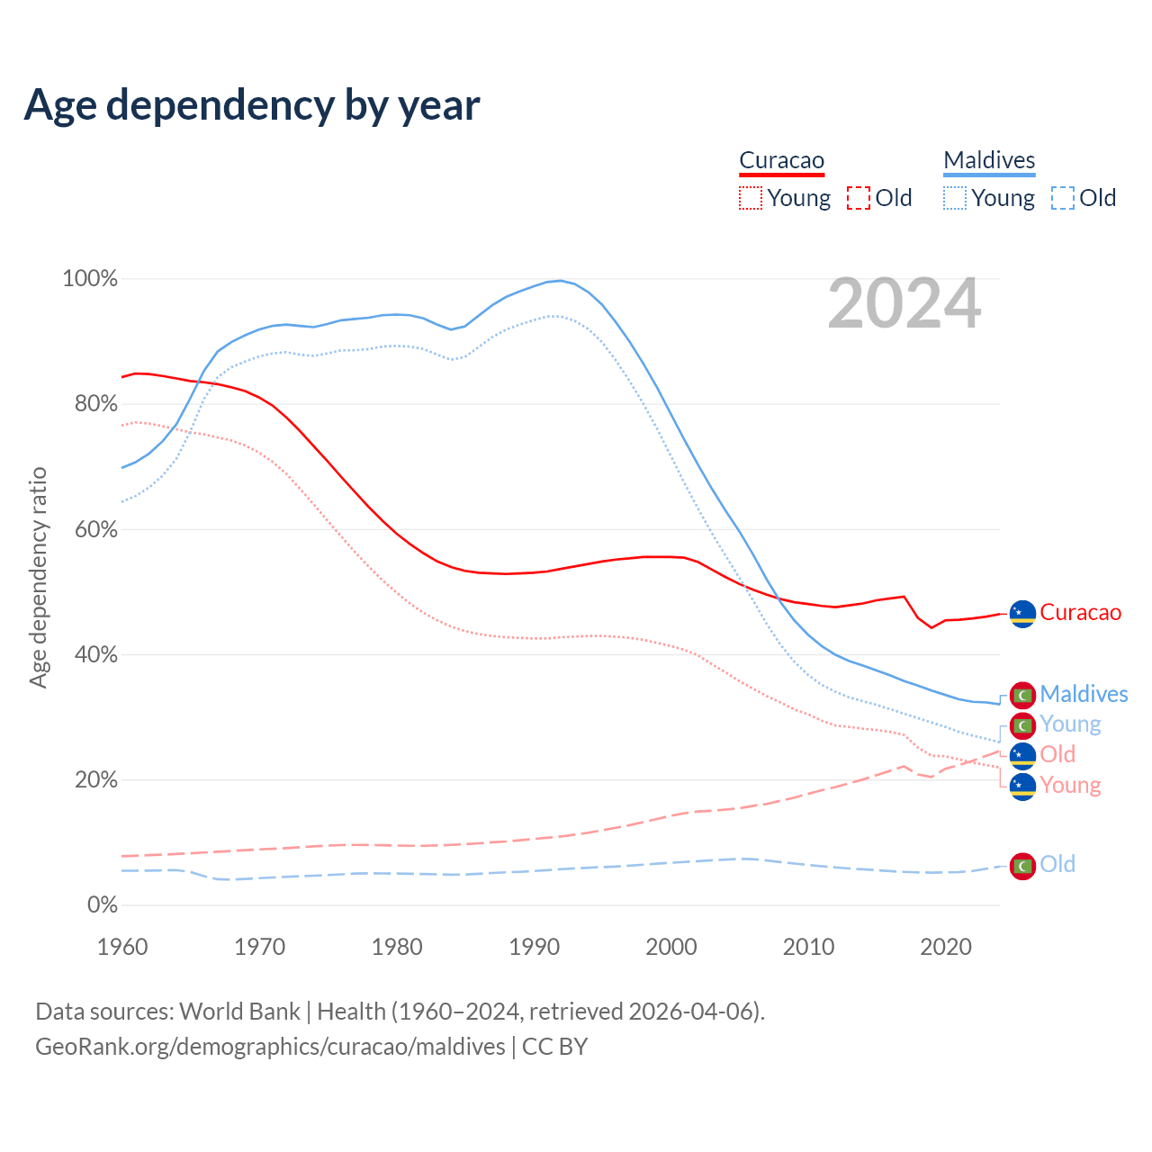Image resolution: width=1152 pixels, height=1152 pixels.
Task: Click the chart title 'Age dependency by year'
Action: pos(252,105)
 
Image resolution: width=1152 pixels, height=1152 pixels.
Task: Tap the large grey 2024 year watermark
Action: pos(904,304)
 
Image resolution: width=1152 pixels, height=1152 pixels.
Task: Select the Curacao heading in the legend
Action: pos(781,160)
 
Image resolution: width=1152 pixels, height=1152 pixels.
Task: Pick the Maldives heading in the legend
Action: pos(989,160)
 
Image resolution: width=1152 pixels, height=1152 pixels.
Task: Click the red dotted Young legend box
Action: pos(751,198)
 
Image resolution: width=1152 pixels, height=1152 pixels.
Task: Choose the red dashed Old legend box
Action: pos(859,198)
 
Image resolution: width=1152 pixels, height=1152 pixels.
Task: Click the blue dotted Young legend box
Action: pos(955,198)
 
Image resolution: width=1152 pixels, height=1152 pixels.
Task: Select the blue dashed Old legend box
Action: pos(1063,198)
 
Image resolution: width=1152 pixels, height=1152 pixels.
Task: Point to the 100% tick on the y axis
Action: pos(90,279)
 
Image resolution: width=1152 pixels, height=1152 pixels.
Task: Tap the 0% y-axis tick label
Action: pos(102,905)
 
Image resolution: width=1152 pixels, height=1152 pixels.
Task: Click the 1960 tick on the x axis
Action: pos(122,947)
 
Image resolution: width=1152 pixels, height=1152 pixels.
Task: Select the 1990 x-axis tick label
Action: pos(535,947)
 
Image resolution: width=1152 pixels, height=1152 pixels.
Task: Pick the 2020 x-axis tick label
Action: pos(946,947)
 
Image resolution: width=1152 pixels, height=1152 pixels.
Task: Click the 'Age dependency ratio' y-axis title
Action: pos(38,577)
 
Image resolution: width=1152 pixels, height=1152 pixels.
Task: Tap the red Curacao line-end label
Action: pos(1080,613)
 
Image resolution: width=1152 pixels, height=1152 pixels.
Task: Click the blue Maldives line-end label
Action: pos(1084,694)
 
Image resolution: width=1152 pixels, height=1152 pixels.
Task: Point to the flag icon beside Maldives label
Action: pos(1022,695)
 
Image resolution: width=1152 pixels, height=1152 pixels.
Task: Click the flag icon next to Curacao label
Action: pos(1022,614)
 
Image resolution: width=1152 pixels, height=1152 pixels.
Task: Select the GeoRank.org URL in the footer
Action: pos(270,1047)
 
